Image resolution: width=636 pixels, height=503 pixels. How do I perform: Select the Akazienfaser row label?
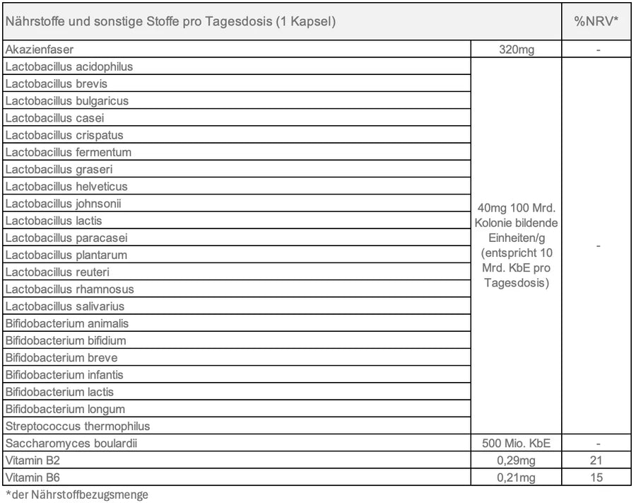(x=40, y=50)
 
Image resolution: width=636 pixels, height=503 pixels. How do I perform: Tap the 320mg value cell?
(x=515, y=50)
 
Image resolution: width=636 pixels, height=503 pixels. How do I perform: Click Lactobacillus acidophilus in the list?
(x=69, y=67)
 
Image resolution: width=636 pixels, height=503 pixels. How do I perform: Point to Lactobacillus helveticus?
(x=66, y=187)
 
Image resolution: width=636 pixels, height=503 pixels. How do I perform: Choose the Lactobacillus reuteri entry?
(x=57, y=272)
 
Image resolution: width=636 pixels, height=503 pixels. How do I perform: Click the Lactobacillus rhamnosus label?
(x=69, y=289)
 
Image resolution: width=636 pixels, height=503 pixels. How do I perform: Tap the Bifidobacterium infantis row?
(x=66, y=375)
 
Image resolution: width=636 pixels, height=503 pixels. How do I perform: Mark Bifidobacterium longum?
(x=65, y=409)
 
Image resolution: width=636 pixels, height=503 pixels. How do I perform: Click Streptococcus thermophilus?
(x=78, y=426)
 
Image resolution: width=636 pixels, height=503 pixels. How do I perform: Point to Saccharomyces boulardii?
(x=70, y=444)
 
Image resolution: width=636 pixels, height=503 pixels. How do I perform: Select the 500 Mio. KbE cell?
(x=515, y=444)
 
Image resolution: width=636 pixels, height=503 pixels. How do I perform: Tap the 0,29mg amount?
(x=515, y=461)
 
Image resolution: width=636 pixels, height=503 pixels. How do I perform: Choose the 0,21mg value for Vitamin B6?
(x=515, y=478)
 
